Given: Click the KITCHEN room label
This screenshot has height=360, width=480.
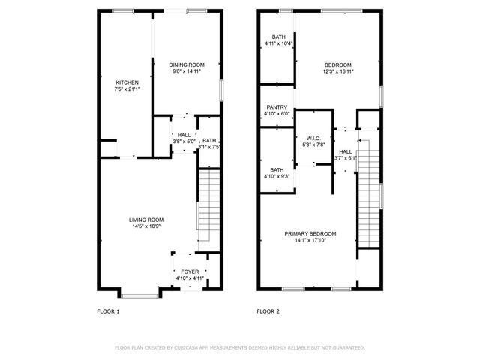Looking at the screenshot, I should tap(126, 82).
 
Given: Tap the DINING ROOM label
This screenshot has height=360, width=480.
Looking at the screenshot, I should tap(187, 65).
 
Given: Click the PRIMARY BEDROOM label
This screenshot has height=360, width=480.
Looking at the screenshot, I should tap(310, 234).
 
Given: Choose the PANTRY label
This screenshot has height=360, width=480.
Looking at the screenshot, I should tap(277, 107).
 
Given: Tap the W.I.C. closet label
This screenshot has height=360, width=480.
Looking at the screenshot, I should tap(314, 139).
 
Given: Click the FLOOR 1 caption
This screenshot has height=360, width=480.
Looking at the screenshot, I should tap(108, 310).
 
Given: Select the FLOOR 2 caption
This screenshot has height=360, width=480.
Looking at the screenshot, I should tap(268, 310).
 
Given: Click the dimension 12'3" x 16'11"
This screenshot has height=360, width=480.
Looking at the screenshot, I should tap(337, 72).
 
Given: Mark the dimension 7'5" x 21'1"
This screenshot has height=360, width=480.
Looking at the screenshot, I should tap(126, 89).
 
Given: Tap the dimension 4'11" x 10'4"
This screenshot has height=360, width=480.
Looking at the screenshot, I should tap(278, 43).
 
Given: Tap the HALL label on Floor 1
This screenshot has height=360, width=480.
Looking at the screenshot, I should tap(184, 135).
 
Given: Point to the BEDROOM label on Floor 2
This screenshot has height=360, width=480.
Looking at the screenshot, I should tap(337, 65).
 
